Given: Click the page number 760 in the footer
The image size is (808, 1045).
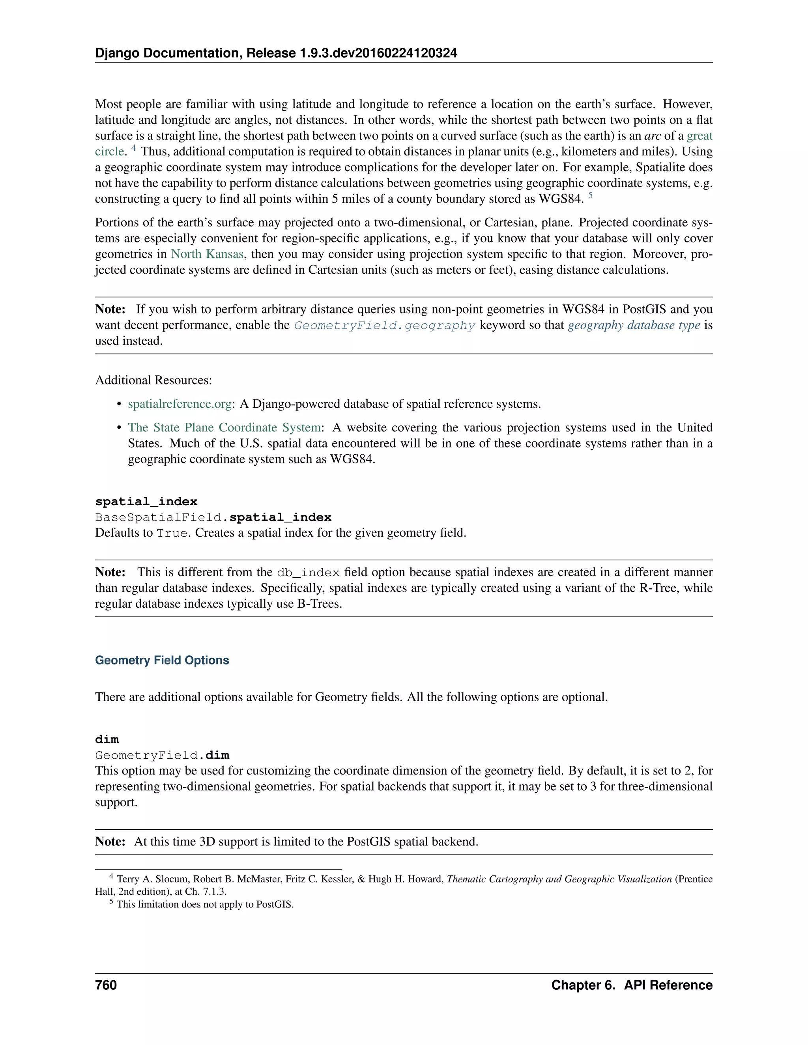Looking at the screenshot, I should (x=106, y=985).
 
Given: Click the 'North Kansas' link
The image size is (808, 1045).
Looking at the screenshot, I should (x=207, y=254).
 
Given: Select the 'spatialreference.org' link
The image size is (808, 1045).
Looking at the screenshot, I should (x=180, y=404).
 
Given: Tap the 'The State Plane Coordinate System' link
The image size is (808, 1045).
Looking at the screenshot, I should (x=224, y=427).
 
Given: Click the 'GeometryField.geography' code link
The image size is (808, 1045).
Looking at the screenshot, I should (x=384, y=325).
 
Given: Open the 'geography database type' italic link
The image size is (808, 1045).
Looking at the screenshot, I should (x=634, y=325).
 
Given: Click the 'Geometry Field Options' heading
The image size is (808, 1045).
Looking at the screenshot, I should (x=162, y=660).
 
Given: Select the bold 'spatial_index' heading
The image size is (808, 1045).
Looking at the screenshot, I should (x=146, y=502).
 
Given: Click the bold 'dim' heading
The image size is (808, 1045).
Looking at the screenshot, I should (x=107, y=739).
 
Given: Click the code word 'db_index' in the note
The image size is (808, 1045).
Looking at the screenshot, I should (x=308, y=573).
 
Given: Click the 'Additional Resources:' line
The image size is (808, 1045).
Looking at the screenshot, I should (x=153, y=381).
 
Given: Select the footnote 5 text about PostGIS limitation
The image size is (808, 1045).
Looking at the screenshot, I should (x=205, y=904).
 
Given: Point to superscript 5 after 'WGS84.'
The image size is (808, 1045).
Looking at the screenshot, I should (x=591, y=195).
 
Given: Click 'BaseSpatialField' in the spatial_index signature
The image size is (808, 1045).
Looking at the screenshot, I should (x=159, y=518).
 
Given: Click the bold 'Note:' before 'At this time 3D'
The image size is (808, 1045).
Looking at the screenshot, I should (x=110, y=842).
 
